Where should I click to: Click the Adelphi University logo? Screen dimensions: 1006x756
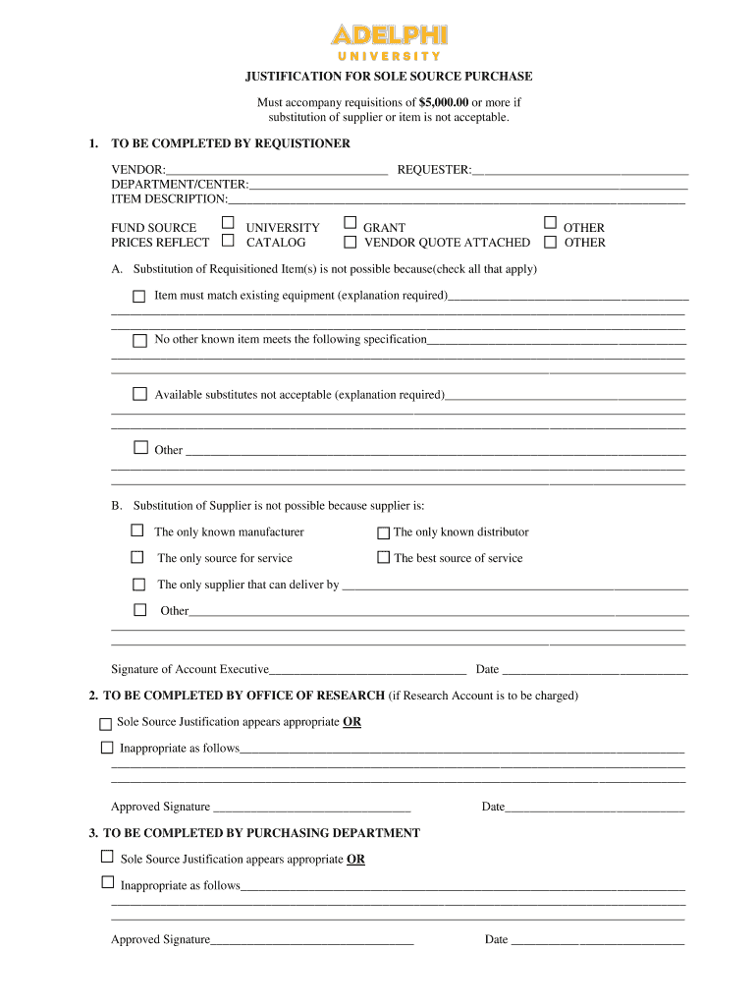[x=389, y=42]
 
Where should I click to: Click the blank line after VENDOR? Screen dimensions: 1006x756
[x=276, y=171]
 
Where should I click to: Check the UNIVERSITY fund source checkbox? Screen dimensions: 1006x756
[x=228, y=224]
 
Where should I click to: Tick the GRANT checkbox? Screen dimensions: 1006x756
[x=350, y=224]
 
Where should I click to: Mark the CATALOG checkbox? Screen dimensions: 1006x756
[x=228, y=241]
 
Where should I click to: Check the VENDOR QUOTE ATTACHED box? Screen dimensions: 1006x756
[x=350, y=242]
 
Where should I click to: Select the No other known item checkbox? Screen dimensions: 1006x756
[x=139, y=340]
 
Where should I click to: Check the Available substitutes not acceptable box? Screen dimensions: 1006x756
[x=139, y=394]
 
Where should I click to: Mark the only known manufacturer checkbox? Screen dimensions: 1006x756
[x=137, y=531]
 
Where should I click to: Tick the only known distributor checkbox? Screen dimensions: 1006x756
[x=384, y=533]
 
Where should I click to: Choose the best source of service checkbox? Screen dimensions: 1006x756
[x=384, y=558]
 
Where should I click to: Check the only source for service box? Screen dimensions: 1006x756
[x=137, y=557]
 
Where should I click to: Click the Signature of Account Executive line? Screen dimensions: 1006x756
[x=367, y=670]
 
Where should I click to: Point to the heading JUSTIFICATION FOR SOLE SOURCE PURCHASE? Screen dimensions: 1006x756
[x=389, y=77]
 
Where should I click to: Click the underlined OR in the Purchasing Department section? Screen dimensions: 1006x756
[x=355, y=859]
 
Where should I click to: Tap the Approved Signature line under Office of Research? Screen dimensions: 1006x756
[x=311, y=808]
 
